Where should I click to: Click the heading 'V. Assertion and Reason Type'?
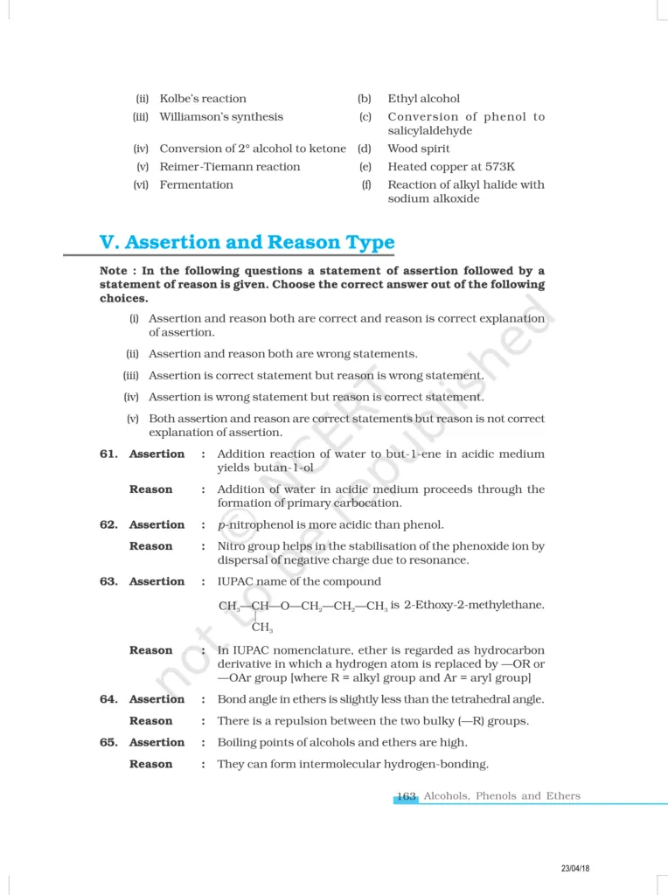tap(247, 243)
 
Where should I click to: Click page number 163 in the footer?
tap(407, 796)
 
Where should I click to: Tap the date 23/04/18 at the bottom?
tap(575, 869)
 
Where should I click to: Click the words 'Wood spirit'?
tap(419, 149)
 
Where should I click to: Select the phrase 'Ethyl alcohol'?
tap(423, 100)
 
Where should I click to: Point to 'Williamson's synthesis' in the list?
tap(221, 117)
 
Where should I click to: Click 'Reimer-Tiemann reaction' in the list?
tap(230, 167)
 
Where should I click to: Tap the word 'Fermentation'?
tap(197, 185)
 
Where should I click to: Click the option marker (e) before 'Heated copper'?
tap(365, 167)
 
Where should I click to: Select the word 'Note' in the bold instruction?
tap(115, 271)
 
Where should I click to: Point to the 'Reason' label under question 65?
tap(151, 765)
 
